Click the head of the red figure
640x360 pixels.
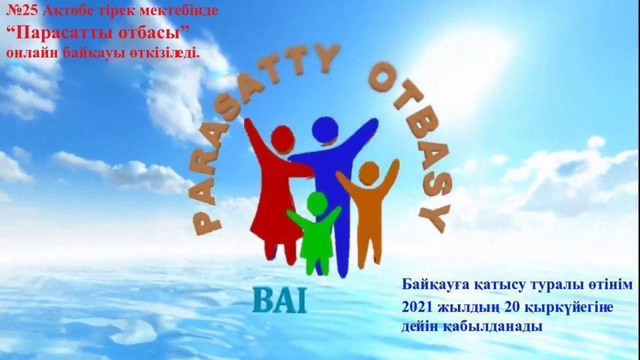tap(283, 139)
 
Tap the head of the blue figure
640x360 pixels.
tap(325, 130)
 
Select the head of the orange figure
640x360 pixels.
tap(369, 173)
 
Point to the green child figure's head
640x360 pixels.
tap(317, 203)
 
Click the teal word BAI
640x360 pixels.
tap(279, 301)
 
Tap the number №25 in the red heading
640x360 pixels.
tap(23, 11)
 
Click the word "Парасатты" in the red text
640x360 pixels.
tap(63, 33)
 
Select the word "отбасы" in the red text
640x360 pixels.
tap(149, 33)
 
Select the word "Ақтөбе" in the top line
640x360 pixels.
tap(69, 11)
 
